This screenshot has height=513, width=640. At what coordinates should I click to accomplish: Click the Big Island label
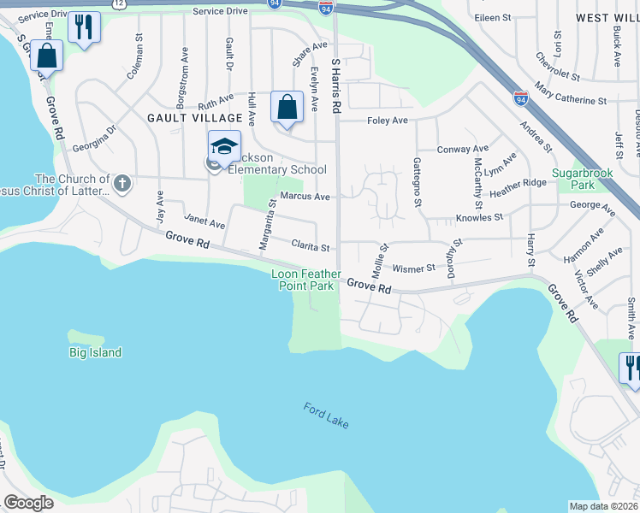(x=95, y=352)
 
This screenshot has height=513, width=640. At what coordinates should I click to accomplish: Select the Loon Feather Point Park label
(x=303, y=280)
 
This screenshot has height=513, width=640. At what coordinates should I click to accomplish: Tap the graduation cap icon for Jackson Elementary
(x=224, y=146)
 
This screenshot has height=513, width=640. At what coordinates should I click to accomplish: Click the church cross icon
(x=122, y=182)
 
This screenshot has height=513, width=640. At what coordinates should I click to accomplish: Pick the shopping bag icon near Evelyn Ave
(x=287, y=107)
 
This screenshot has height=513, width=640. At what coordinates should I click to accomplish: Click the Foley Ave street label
(x=388, y=121)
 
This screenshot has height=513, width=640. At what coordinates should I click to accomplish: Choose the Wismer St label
(x=414, y=268)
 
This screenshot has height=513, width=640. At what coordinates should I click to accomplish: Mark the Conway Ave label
(x=462, y=149)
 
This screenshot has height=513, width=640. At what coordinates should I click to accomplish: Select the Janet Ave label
(x=204, y=223)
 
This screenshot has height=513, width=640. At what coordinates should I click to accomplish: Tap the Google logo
(x=29, y=503)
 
